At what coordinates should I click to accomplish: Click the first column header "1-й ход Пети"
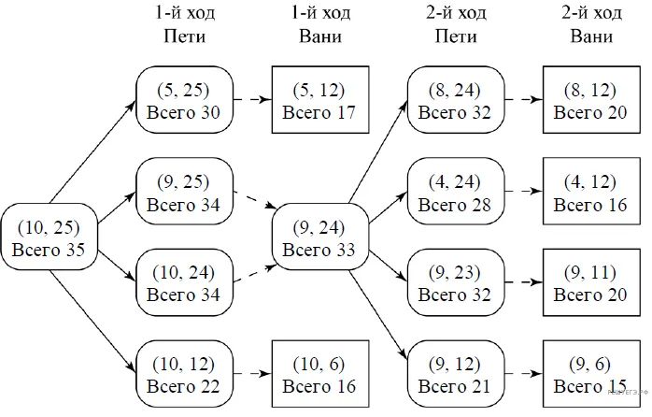(x=185, y=24)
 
